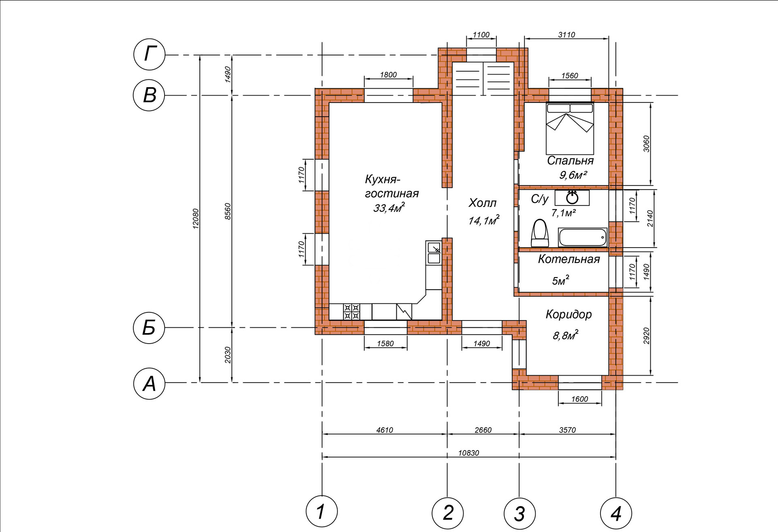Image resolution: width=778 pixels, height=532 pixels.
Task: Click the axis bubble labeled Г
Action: (150, 55)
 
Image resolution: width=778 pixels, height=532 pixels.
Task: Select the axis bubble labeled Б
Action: (150, 327)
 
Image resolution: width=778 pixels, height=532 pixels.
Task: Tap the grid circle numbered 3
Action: (519, 513)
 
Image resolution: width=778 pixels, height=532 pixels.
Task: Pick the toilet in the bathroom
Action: (539, 233)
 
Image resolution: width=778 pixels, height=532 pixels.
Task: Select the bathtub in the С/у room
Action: (583, 237)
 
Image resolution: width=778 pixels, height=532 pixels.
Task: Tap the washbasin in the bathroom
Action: (572, 198)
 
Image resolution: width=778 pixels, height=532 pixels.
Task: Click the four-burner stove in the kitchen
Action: (352, 312)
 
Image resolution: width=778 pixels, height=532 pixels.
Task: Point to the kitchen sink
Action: (434, 252)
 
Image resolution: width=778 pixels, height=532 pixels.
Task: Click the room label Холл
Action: (482, 203)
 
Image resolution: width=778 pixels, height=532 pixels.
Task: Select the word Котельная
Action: (569, 259)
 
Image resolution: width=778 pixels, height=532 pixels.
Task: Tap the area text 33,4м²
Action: (389, 208)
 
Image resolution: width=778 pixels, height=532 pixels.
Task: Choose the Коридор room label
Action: (569, 314)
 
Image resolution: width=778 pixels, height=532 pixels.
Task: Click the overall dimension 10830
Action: (469, 453)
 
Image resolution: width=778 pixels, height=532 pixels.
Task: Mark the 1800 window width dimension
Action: (389, 75)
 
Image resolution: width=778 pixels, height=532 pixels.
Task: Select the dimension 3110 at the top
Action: (566, 35)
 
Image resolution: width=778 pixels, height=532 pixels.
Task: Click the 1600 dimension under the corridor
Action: (580, 399)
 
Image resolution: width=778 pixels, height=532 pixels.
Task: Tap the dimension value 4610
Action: (385, 430)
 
